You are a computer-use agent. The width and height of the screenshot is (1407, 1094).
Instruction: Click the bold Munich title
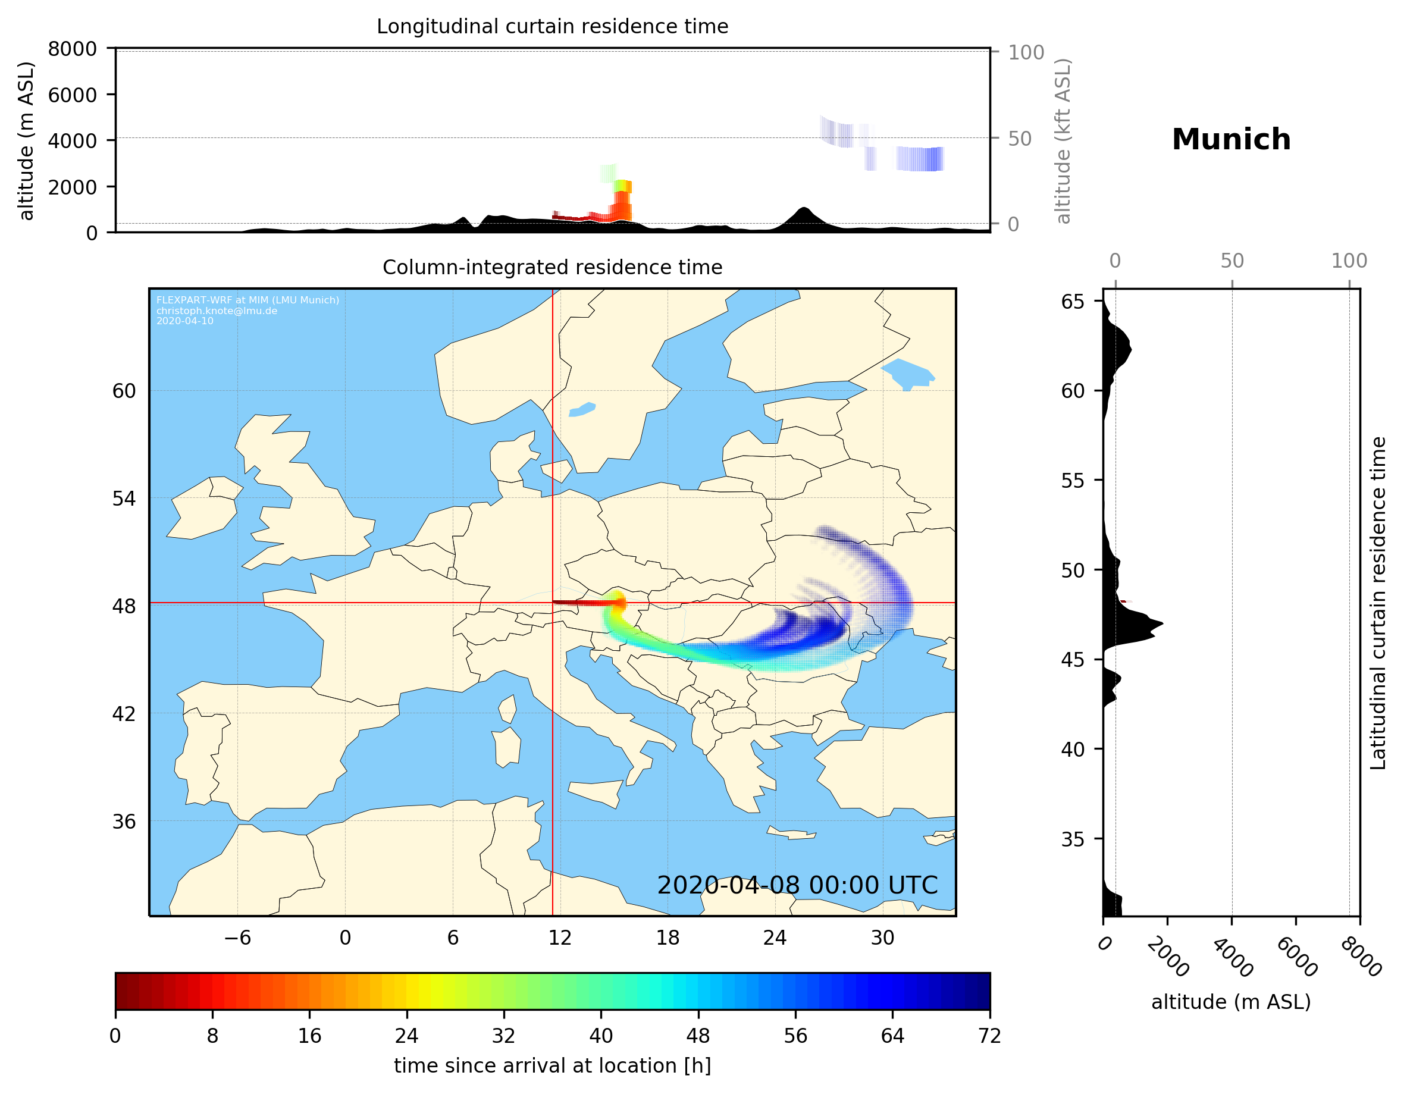click(1230, 140)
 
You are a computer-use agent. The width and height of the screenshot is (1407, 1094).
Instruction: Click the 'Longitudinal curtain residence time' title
click(552, 26)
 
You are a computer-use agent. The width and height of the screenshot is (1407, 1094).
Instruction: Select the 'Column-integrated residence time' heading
click(552, 267)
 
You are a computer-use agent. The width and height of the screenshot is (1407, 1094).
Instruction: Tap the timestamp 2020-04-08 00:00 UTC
click(797, 885)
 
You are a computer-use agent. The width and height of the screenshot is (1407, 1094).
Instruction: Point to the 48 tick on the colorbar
click(698, 1035)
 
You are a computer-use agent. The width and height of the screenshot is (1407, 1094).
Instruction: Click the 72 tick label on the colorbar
click(989, 1035)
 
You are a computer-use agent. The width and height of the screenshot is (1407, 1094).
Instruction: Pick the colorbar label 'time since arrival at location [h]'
click(552, 1065)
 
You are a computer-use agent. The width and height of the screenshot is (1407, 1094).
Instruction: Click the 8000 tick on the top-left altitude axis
click(72, 49)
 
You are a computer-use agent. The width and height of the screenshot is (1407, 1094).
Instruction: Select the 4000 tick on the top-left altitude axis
click(72, 140)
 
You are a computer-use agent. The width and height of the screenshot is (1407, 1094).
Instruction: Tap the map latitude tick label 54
click(124, 498)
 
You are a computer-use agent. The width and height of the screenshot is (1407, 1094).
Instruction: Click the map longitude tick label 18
click(668, 938)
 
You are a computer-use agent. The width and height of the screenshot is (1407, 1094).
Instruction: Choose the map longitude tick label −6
click(237, 938)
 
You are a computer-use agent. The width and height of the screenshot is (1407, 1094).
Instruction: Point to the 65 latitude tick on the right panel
click(1073, 302)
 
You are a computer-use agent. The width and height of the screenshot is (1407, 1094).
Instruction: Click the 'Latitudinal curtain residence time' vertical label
click(1377, 603)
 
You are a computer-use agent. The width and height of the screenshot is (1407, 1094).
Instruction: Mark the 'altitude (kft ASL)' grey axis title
click(1063, 141)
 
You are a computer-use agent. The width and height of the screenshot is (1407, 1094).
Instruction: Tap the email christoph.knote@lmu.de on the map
click(217, 311)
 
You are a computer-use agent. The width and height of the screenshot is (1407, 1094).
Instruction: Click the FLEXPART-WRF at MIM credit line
click(247, 300)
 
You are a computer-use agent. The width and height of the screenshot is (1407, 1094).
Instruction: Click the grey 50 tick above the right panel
click(1231, 261)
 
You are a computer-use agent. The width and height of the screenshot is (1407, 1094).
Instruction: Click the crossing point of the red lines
click(553, 603)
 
